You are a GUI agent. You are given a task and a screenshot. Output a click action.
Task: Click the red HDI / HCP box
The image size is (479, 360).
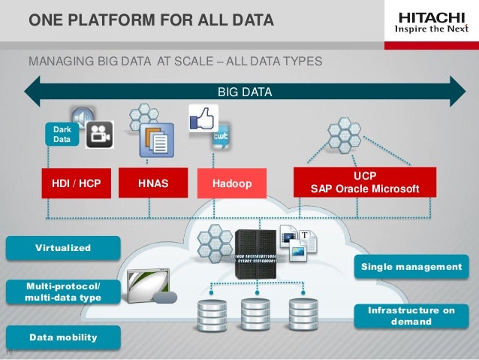(x=77, y=182)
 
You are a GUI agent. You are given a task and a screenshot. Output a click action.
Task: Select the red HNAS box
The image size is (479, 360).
(x=154, y=182)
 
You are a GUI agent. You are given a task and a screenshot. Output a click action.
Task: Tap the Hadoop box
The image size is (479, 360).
(x=231, y=182)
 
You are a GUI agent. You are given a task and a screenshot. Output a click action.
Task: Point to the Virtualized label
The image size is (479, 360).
(x=63, y=247)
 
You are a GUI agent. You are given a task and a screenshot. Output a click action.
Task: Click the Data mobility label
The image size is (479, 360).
(x=63, y=337)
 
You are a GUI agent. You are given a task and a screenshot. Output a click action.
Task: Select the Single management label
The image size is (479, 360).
(x=411, y=266)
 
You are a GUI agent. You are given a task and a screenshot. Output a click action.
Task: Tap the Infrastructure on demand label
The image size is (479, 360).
(x=411, y=316)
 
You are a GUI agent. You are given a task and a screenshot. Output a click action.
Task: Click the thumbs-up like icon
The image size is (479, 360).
(x=203, y=119)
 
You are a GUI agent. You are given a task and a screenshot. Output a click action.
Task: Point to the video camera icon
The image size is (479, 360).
(x=99, y=135)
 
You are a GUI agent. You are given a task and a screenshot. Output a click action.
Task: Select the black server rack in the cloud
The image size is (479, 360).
(x=256, y=252)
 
